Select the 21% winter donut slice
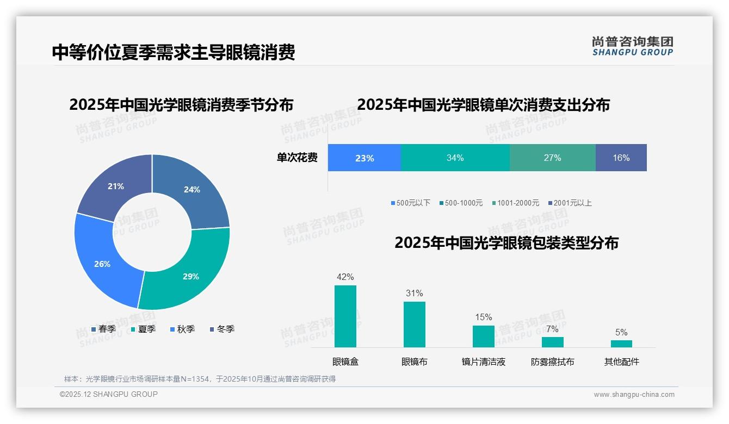pyautogui.click(x=116, y=188)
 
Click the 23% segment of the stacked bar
pyautogui.click(x=364, y=158)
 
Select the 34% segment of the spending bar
pyautogui.click(x=455, y=158)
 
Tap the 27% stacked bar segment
pyautogui.click(x=552, y=158)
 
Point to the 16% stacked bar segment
pyautogui.click(x=621, y=158)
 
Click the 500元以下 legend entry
pyautogui.click(x=410, y=203)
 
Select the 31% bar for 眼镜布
pyautogui.click(x=415, y=325)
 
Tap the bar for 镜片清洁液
pyautogui.click(x=484, y=336)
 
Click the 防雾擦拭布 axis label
pyautogui.click(x=552, y=362)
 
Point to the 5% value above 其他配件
pyautogui.click(x=621, y=333)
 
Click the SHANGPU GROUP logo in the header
pyautogui.click(x=632, y=46)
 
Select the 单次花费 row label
pyautogui.click(x=297, y=158)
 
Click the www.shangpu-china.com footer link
pyautogui.click(x=634, y=395)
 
